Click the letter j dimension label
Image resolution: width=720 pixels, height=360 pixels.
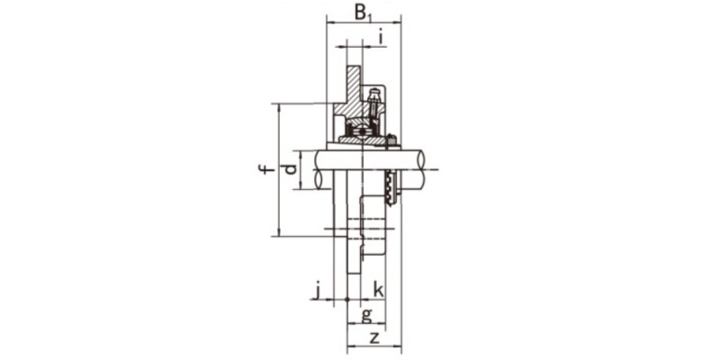pos(317,289)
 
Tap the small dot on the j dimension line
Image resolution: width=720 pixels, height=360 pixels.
pos(346,299)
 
